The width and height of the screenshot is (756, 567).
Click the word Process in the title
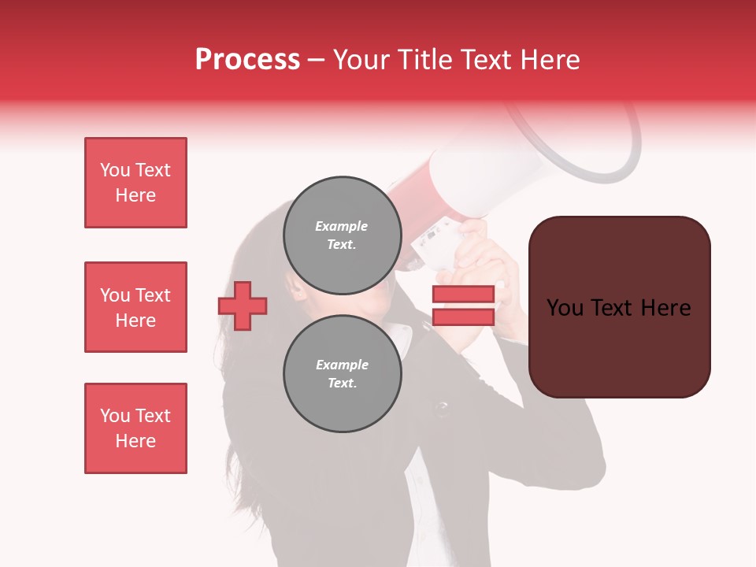coord(247,60)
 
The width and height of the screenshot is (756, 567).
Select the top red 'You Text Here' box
coord(135,183)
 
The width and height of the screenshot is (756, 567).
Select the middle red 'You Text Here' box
coord(135,307)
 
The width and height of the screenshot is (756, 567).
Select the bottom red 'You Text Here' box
coord(135,428)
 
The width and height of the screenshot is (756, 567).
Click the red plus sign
coord(243,306)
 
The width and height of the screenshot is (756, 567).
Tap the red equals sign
coord(463,306)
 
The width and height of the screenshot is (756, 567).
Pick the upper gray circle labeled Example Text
coord(342,235)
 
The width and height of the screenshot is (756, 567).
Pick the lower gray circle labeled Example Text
coord(342,373)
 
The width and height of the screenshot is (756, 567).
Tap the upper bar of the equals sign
coord(463,295)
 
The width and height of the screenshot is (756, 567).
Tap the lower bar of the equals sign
coord(463,317)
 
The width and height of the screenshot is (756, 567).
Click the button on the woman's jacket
coord(442,408)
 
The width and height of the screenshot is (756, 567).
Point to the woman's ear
coord(298,293)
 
